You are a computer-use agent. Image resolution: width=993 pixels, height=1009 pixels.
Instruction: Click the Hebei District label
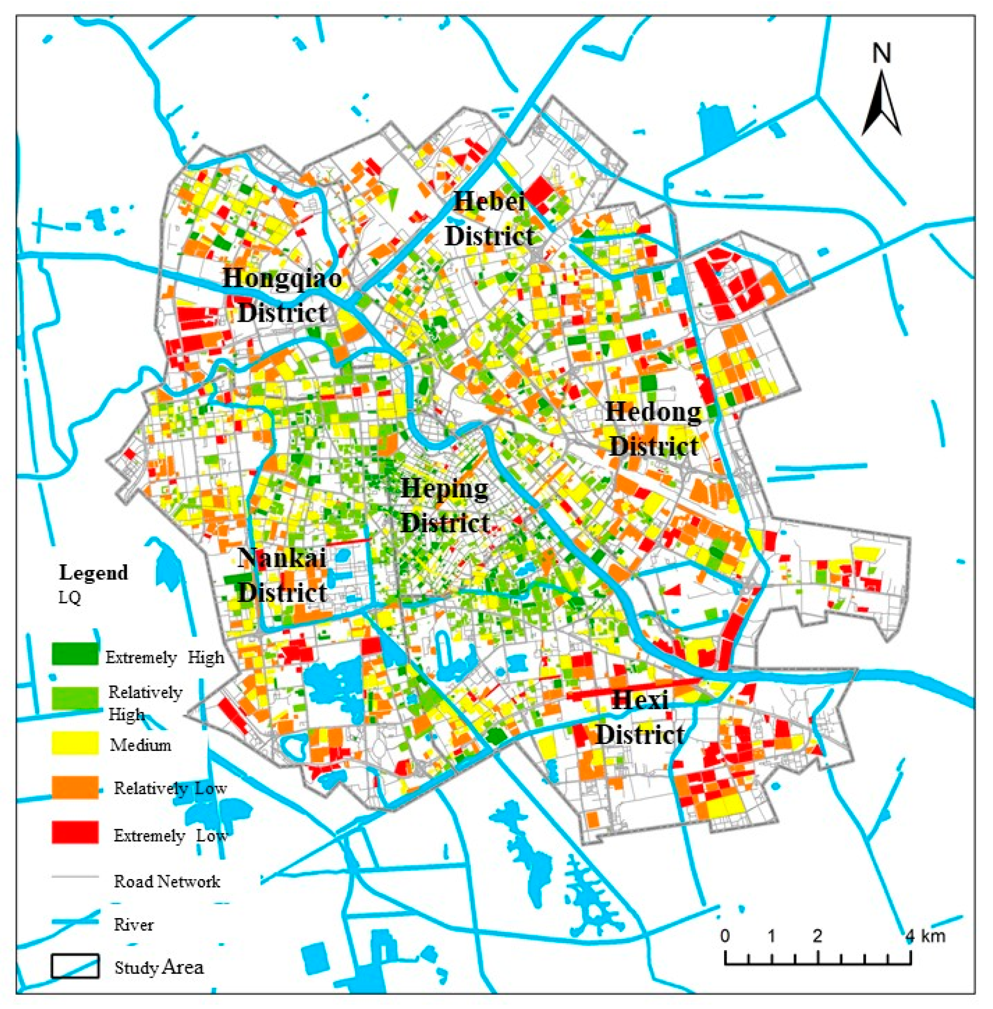[x=489, y=219]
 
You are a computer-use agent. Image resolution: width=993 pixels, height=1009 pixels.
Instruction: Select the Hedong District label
[x=653, y=429]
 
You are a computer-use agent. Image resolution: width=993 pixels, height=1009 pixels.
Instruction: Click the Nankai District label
[x=282, y=575]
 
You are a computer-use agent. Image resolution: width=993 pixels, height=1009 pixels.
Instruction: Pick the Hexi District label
[x=640, y=717]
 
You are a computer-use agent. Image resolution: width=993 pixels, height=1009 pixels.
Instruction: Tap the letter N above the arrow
[x=881, y=53]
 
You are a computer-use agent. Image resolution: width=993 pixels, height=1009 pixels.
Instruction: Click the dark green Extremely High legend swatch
[x=75, y=654]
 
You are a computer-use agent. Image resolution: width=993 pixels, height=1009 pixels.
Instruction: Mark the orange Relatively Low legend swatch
[x=75, y=787]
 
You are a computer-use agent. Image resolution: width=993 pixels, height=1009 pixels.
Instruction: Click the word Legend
[x=94, y=572]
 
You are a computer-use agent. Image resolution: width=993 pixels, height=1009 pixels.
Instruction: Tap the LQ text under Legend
[x=70, y=597]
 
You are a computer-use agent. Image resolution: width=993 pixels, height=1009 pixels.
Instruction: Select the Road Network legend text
[x=167, y=881]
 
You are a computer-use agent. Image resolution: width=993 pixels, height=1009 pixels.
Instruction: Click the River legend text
[x=133, y=925]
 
